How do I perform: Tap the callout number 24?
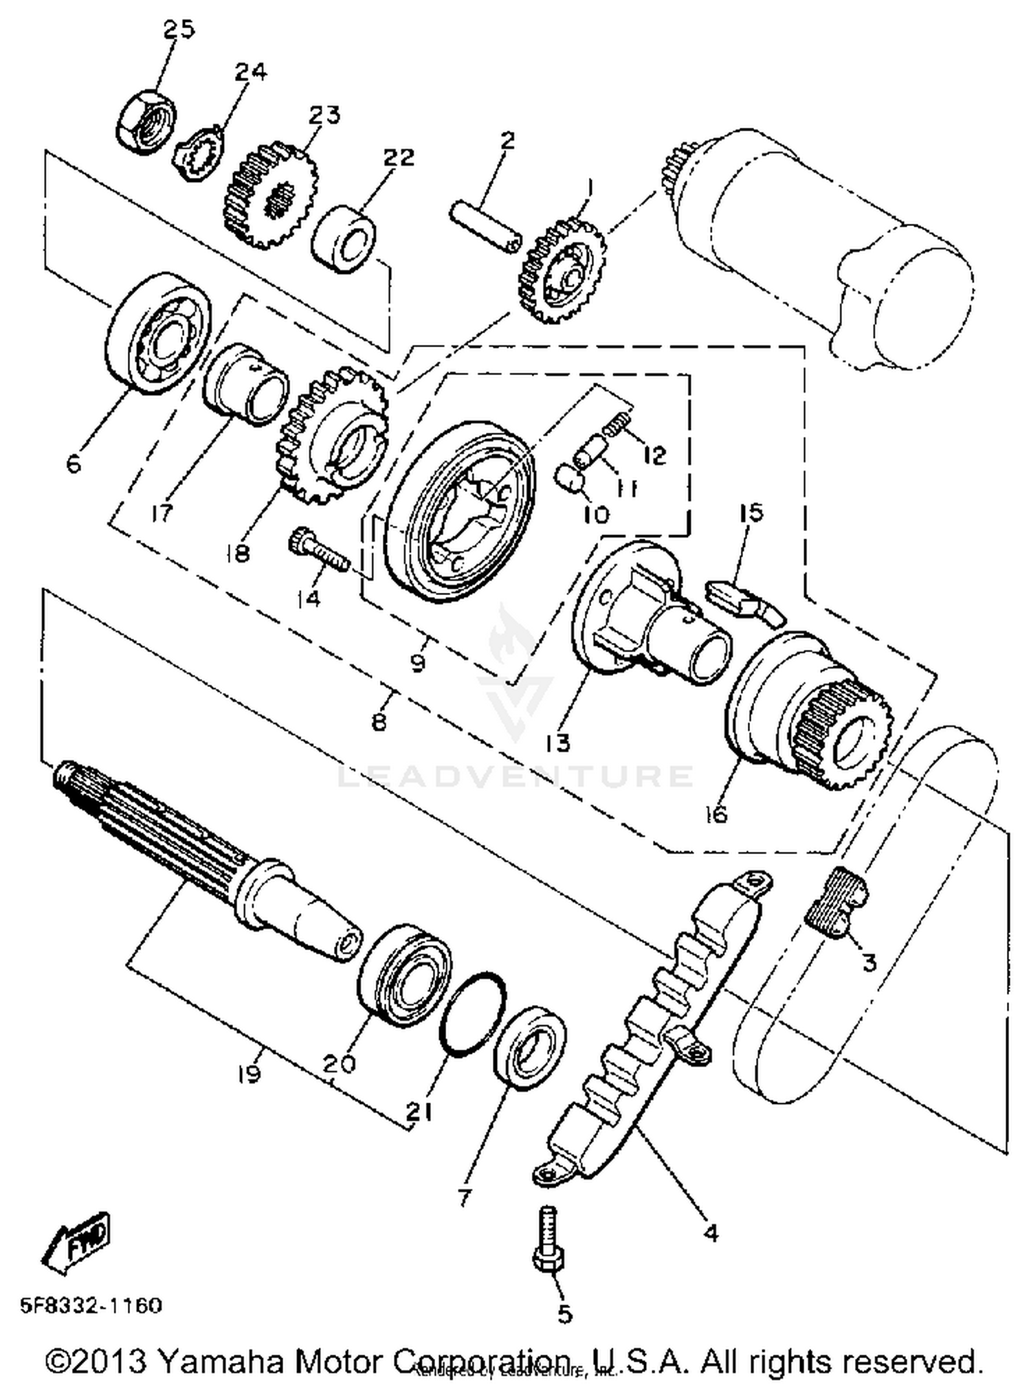[251, 71]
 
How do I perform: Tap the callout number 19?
[250, 1074]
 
